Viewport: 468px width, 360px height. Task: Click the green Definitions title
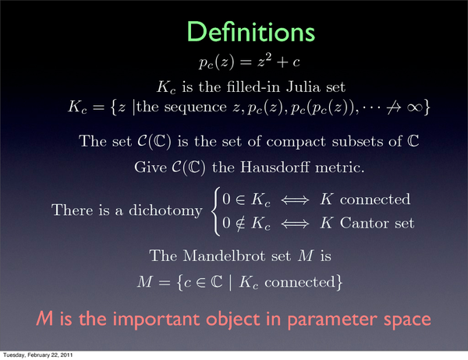click(250, 32)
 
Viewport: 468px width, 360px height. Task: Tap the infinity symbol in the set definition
click(414, 108)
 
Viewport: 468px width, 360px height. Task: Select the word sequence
click(196, 108)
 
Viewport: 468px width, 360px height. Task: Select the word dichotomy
click(165, 210)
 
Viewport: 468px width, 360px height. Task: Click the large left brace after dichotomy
click(215, 211)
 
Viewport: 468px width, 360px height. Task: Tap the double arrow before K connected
click(295, 199)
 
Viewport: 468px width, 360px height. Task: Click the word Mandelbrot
click(224, 256)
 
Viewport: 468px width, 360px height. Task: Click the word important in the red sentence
click(157, 319)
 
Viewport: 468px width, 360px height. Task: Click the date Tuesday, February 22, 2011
click(38, 355)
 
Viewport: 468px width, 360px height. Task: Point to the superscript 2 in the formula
click(268, 58)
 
